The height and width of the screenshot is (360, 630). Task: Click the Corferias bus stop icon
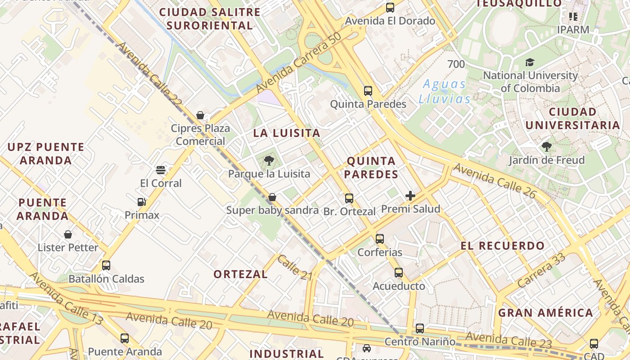[380, 239]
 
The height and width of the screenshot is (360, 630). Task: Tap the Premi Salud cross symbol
[410, 196]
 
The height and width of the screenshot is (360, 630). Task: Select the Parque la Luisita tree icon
[269, 160]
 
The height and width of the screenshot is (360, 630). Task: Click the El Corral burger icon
[161, 170]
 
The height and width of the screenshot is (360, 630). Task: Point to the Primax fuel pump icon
[142, 202]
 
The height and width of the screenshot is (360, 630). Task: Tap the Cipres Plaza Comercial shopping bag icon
[200, 115]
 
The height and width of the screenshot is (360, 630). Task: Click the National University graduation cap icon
[530, 63]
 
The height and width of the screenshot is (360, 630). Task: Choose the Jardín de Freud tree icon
[547, 147]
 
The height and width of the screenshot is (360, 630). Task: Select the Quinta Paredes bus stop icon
[368, 91]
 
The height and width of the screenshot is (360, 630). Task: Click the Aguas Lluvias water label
[445, 91]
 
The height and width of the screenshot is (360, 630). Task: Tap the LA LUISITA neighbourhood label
[287, 133]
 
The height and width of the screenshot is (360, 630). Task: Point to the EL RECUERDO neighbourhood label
[502, 246]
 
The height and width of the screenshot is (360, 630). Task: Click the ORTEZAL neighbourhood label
[240, 274]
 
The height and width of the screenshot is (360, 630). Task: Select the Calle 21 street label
[294, 268]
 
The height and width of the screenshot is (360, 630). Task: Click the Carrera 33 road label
[541, 271]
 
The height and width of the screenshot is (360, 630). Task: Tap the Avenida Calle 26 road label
[495, 181]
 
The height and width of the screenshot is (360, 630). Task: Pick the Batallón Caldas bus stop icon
[106, 265]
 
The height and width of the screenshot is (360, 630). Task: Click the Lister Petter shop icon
[68, 234]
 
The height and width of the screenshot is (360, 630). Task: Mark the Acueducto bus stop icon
[399, 273]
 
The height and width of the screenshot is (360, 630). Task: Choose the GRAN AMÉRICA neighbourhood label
[545, 313]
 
